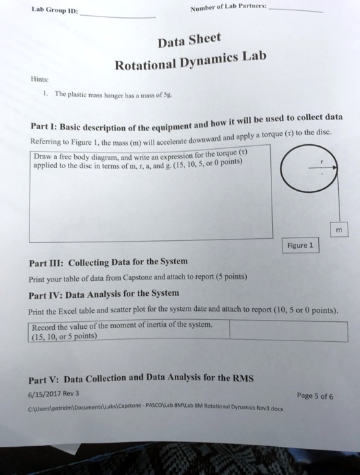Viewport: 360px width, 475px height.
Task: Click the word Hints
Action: coord(38,78)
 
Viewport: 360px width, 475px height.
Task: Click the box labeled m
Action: coord(338,231)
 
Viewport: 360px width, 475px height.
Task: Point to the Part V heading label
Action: coord(45,380)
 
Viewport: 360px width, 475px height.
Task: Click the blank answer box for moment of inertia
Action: coord(288,330)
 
